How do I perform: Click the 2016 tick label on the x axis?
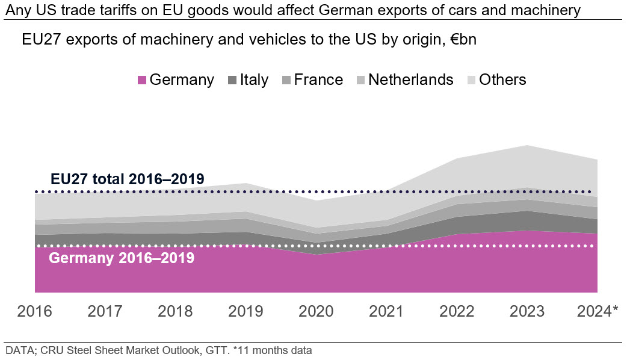(35, 311)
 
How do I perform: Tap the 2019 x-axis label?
(246, 311)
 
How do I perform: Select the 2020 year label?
(316, 311)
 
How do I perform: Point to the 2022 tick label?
(457, 311)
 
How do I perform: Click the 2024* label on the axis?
(598, 311)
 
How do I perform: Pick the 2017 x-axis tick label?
(105, 311)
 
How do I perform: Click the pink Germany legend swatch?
(142, 80)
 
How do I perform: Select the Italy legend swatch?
(232, 80)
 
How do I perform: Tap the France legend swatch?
(286, 80)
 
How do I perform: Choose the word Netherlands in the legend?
(410, 79)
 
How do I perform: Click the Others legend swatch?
(471, 80)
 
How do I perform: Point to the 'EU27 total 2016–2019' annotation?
(128, 179)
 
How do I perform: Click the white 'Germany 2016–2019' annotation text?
(122, 258)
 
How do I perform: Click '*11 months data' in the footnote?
(273, 350)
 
